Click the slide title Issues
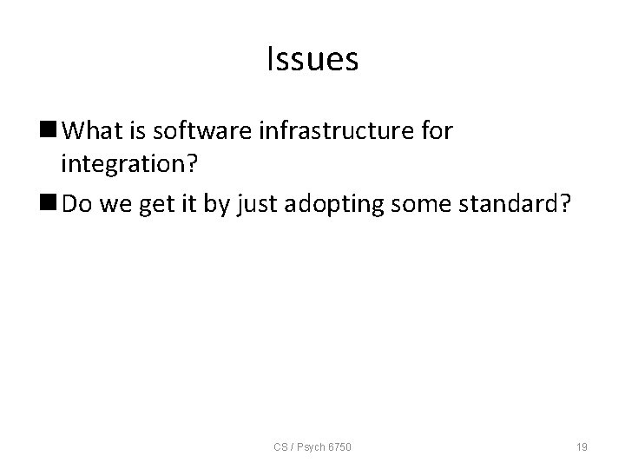point(312,60)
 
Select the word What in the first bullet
point(91,130)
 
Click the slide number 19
point(582,446)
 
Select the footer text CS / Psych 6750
point(313,446)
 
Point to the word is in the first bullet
point(135,130)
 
